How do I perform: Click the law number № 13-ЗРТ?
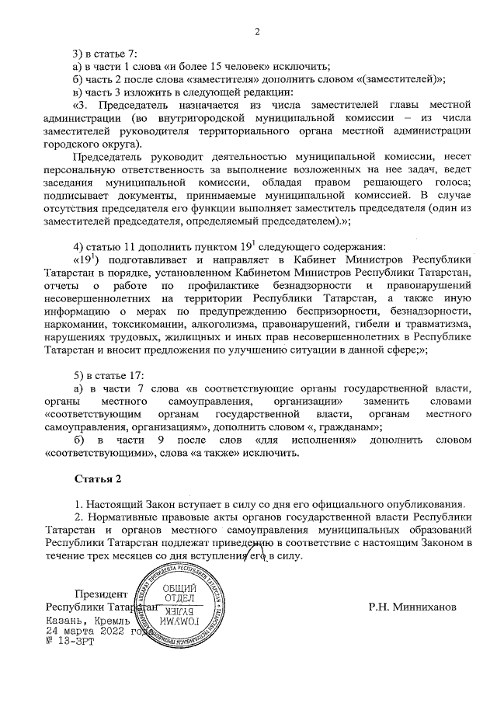coord(69,645)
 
